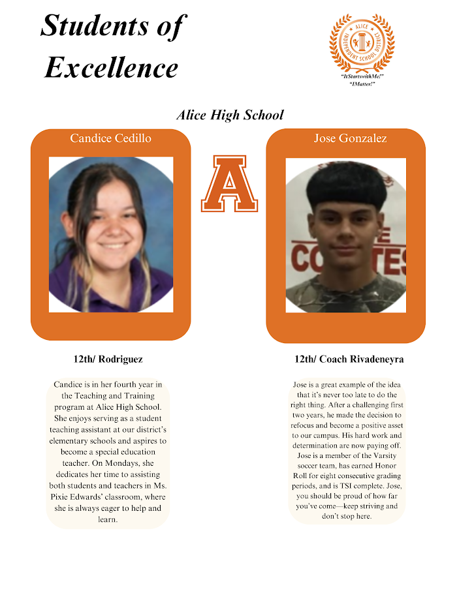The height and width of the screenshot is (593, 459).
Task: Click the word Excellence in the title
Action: [112, 67]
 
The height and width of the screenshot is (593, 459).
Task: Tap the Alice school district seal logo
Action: [362, 43]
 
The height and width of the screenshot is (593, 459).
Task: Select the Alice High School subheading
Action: [230, 115]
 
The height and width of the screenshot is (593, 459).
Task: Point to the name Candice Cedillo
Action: [110, 138]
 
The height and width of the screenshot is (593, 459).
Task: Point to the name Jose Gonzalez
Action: [350, 138]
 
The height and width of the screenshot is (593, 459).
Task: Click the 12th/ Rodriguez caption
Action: [108, 359]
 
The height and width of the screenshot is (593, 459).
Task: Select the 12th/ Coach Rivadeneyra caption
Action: [349, 359]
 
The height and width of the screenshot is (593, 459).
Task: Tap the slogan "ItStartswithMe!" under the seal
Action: [362, 77]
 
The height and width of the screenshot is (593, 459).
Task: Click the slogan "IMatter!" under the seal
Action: [362, 84]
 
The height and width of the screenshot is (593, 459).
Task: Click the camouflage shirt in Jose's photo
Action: [346, 294]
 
